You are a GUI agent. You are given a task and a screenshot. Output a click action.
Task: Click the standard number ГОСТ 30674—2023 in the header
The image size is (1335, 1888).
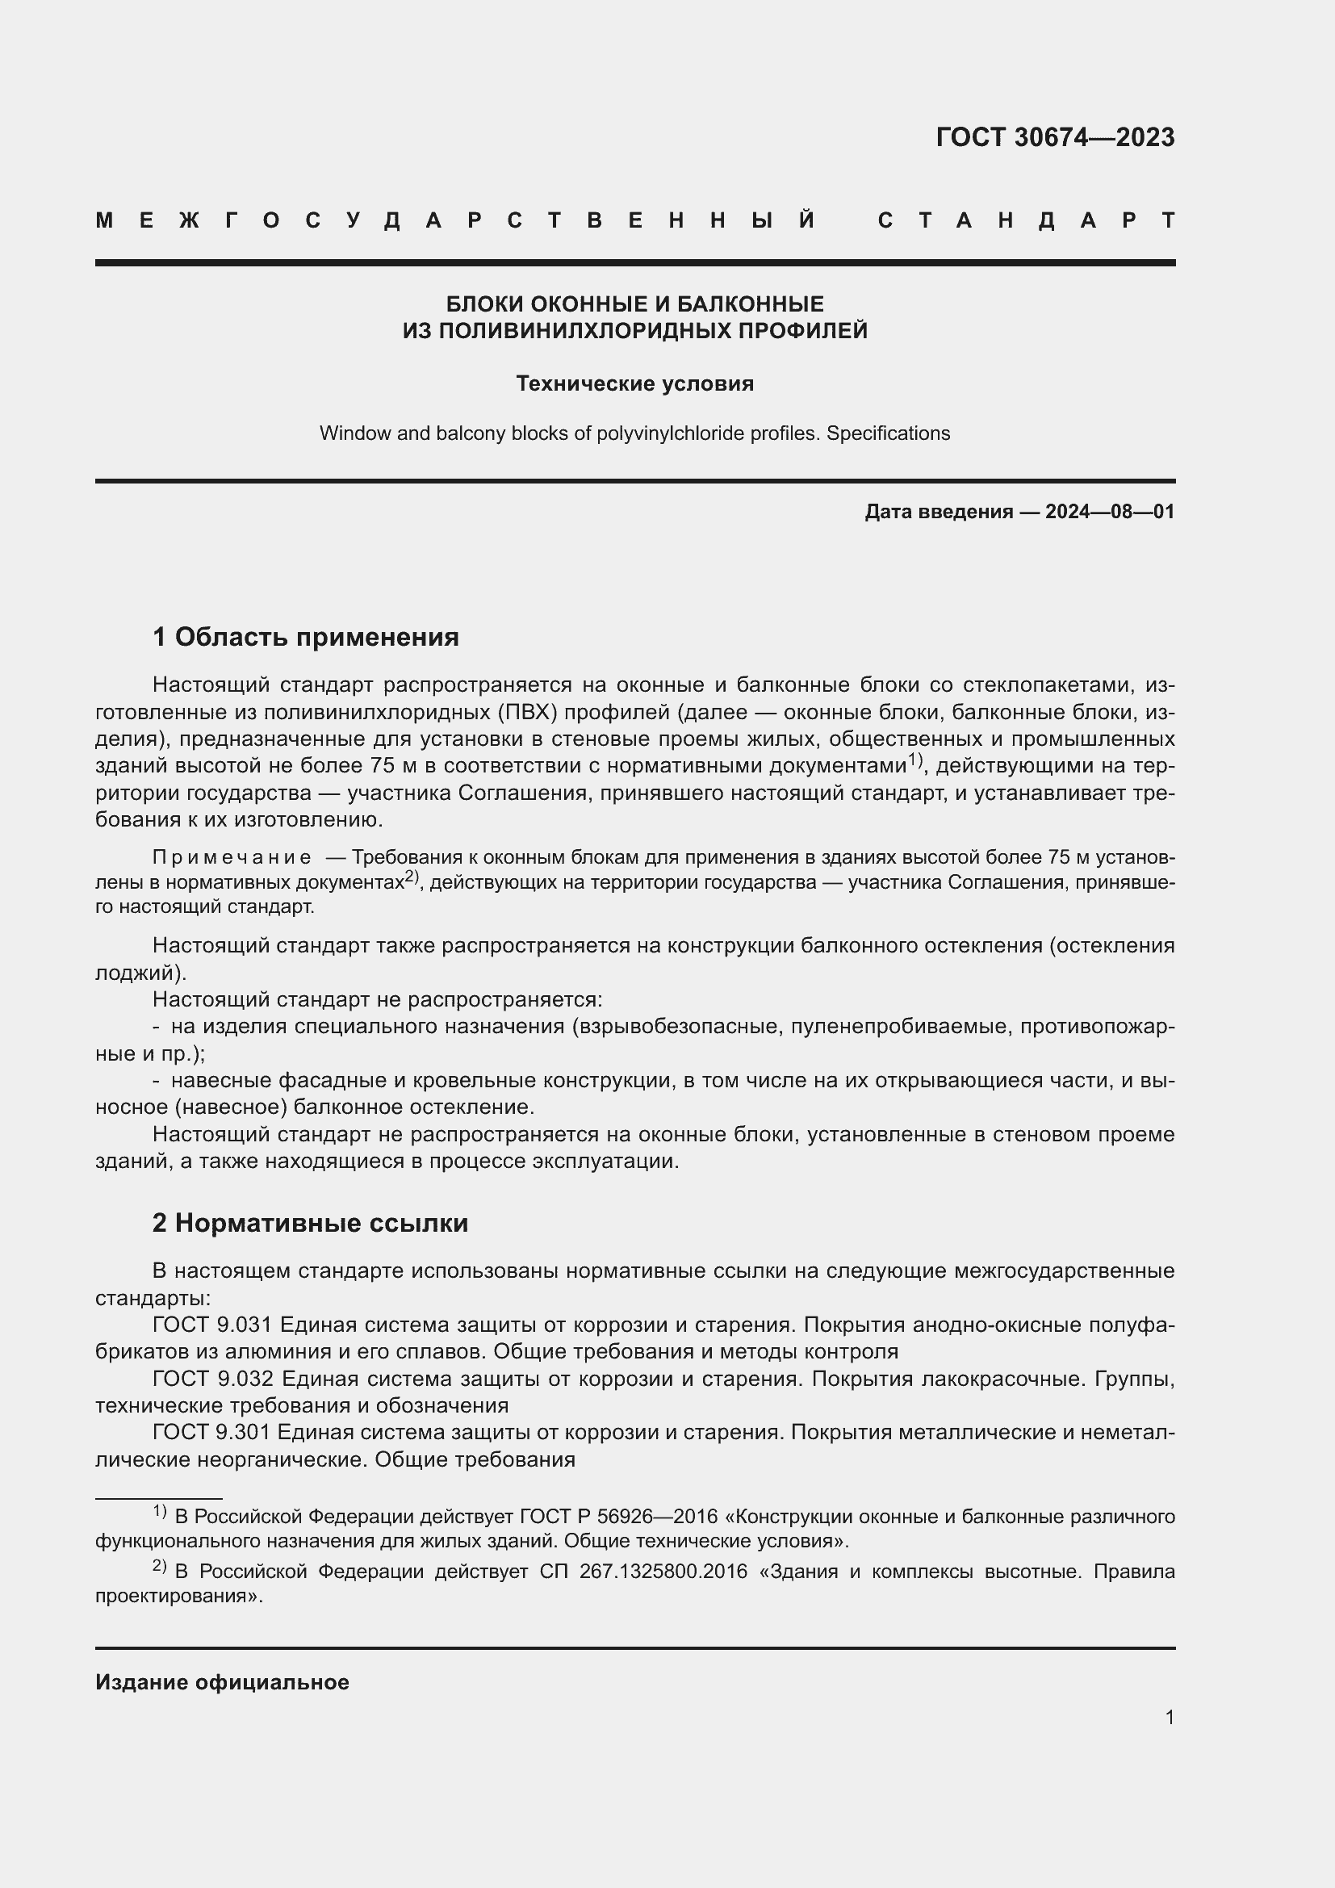[1055, 137]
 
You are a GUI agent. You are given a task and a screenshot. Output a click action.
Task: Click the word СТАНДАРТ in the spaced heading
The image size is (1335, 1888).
[1026, 220]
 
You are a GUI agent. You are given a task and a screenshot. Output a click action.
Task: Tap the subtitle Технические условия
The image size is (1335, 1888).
[634, 384]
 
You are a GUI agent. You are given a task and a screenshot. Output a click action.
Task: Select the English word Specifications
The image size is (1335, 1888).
[888, 433]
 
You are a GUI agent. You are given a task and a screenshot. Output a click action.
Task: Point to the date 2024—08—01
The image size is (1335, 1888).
[1110, 512]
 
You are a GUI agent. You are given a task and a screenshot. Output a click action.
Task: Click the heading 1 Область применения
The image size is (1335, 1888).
[306, 636]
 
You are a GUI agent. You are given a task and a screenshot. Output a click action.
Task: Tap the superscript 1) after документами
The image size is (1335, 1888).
[916, 760]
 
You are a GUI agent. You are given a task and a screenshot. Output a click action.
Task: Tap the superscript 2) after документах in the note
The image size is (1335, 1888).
[412, 877]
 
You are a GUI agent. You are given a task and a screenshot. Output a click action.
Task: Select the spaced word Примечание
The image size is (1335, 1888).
[232, 858]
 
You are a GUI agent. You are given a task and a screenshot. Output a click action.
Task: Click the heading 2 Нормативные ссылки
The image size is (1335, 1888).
[310, 1223]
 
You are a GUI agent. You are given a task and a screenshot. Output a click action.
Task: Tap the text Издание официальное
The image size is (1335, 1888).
[222, 1682]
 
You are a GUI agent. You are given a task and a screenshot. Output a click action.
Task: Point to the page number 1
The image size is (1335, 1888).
[1169, 1718]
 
